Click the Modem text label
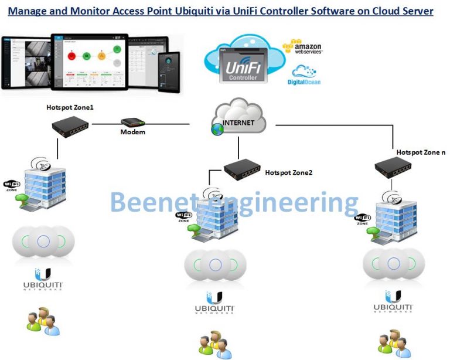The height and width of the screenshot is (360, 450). [132, 133]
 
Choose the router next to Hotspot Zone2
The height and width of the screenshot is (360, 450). [241, 169]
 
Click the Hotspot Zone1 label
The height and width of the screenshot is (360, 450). [70, 108]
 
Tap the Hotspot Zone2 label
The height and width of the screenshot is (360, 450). [289, 173]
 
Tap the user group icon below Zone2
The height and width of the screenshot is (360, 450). [212, 344]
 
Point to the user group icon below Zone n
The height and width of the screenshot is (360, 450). [391, 343]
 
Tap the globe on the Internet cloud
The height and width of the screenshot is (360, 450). [217, 128]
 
